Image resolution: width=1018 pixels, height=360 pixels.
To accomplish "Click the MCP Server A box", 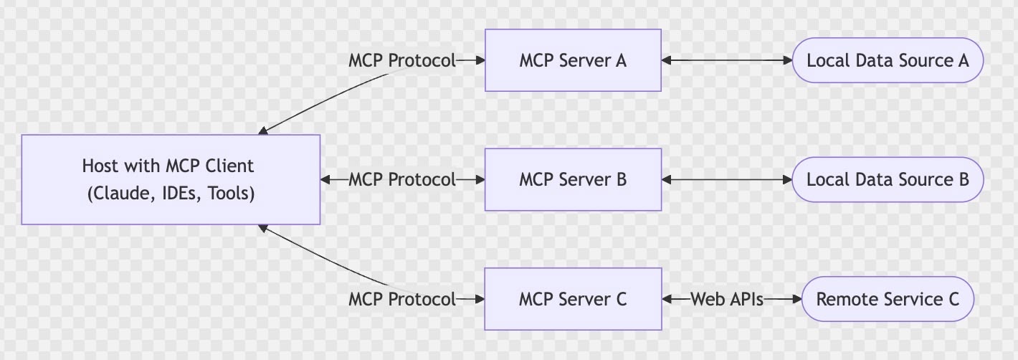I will click(573, 60).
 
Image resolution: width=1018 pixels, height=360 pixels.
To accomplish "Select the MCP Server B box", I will click(573, 179).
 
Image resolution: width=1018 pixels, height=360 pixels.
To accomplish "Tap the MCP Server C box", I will click(573, 298).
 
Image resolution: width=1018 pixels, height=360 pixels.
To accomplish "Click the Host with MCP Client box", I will click(170, 179).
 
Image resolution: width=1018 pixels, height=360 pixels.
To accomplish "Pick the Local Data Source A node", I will click(888, 60).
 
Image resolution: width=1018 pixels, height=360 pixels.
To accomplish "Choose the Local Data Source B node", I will click(888, 179).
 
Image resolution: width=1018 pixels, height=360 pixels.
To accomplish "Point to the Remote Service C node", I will click(888, 298).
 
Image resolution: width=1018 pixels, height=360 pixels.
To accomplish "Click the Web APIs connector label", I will click(726, 298).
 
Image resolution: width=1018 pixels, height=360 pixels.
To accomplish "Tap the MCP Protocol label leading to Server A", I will click(401, 61).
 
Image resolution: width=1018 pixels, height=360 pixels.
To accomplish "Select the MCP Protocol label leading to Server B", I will click(401, 179).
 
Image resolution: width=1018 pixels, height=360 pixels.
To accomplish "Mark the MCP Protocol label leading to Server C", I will click(401, 298).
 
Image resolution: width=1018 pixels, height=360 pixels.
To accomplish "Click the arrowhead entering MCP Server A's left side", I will click(480, 61).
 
